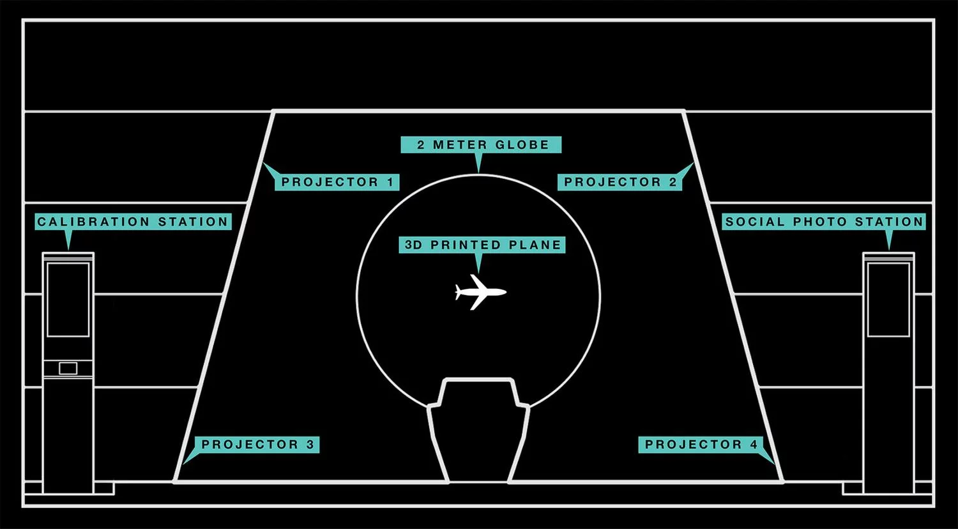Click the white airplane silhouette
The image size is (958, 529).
pos(480,293)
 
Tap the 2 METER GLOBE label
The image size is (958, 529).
pos(481,145)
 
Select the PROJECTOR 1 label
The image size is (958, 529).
pos(338,182)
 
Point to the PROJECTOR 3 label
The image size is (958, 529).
pos(257,445)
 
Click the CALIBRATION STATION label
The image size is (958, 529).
pos(132,222)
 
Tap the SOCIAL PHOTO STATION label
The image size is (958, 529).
pos(824,222)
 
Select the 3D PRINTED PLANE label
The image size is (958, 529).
pos(482,245)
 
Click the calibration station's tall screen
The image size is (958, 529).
pos(68,299)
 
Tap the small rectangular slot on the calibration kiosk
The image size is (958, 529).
pos(68,368)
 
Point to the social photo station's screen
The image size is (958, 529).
pos(888,299)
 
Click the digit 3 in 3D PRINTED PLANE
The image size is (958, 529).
pos(409,245)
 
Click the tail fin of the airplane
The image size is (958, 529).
pos(459,293)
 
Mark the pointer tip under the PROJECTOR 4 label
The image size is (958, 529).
pos(775,463)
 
